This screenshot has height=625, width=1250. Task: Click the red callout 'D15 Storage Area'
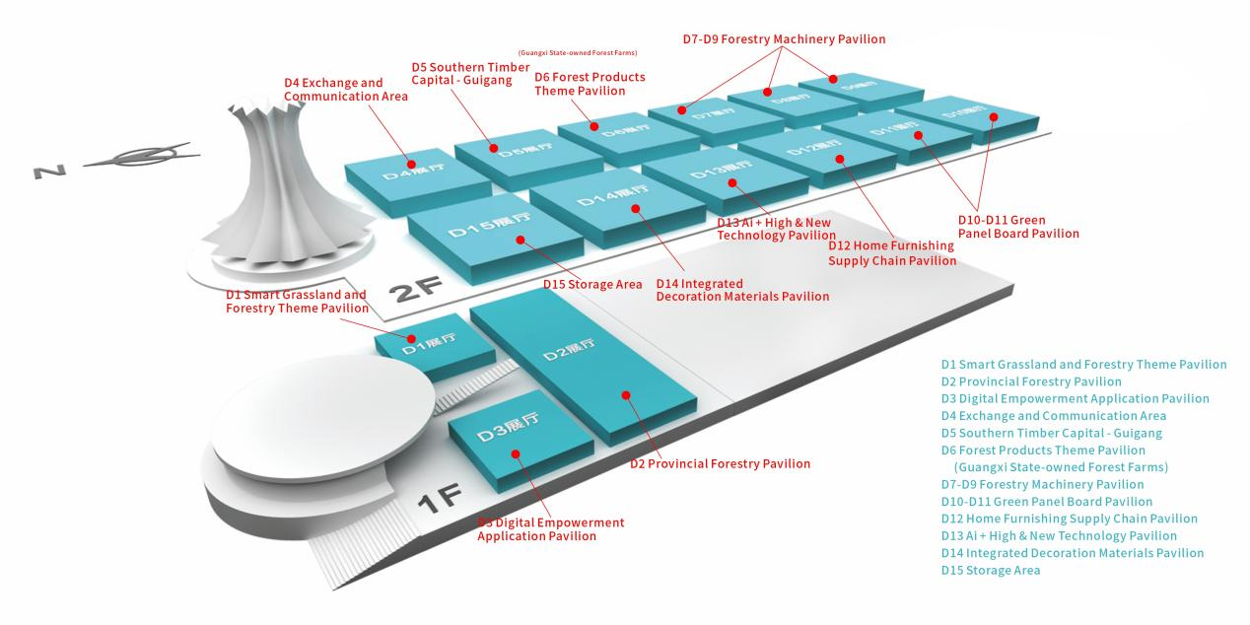[x=592, y=285]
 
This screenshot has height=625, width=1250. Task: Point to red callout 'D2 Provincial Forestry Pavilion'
[x=720, y=463]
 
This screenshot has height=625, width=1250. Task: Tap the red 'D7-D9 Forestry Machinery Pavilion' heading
[x=784, y=39]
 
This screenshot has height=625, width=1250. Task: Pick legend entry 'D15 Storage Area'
[x=990, y=570]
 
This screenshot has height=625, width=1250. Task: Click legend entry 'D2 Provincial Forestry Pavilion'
[x=1030, y=382]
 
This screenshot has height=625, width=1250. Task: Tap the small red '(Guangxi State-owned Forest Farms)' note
[x=577, y=52]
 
